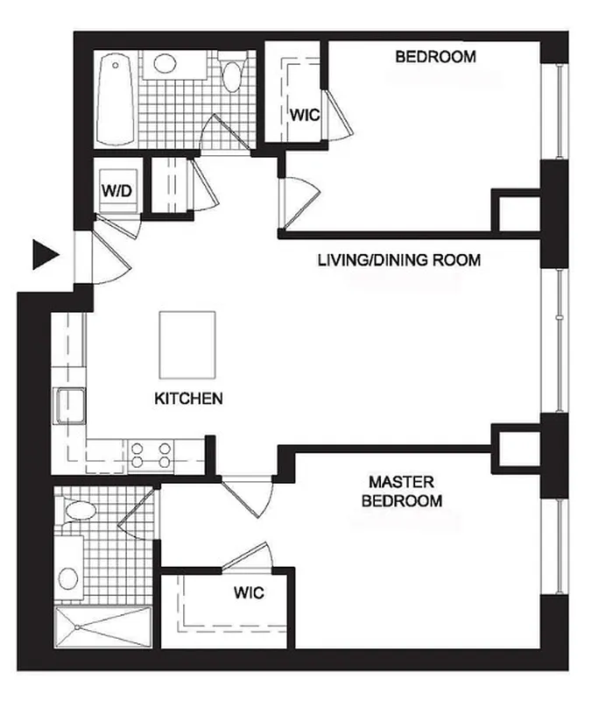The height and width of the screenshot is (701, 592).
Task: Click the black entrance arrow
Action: (44, 254)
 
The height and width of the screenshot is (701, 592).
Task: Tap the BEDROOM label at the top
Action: (435, 58)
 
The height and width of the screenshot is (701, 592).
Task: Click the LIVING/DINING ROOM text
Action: (398, 260)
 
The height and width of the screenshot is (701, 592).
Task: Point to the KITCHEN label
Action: (188, 399)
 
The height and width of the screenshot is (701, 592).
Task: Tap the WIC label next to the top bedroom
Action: (304, 114)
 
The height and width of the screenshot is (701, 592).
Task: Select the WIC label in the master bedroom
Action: (249, 592)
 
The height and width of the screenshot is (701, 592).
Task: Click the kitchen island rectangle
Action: (187, 342)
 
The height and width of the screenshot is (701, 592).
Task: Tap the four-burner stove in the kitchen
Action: (150, 453)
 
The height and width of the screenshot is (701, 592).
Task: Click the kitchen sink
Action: (68, 407)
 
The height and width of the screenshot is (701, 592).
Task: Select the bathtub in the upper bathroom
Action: (115, 99)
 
